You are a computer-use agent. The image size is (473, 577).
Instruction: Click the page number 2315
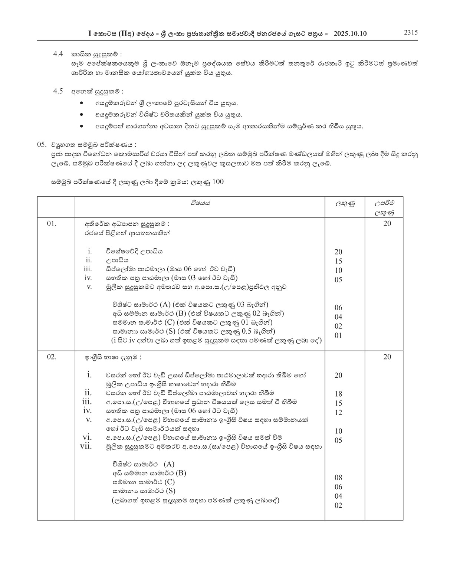click(411, 33)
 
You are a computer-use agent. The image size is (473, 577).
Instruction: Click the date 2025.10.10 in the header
click(350, 33)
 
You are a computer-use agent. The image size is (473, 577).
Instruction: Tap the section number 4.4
click(58, 54)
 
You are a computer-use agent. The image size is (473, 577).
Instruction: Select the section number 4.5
click(58, 91)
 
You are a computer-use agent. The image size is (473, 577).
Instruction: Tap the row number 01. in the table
click(52, 223)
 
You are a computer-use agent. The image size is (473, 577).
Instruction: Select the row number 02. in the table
click(52, 357)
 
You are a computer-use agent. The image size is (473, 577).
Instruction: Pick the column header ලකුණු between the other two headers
click(345, 204)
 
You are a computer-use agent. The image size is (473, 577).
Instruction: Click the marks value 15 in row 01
click(338, 261)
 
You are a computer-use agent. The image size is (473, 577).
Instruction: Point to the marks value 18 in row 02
click(338, 394)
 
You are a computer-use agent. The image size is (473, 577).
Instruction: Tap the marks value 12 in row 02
click(338, 413)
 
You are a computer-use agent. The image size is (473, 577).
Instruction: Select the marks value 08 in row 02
click(338, 478)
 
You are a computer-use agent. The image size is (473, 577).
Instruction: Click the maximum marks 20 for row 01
click(387, 223)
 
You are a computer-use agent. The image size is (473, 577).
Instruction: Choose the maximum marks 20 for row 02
click(387, 357)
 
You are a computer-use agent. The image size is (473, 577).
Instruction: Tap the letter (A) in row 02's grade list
click(169, 464)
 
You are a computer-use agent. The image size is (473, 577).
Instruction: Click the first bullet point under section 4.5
click(82, 103)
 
